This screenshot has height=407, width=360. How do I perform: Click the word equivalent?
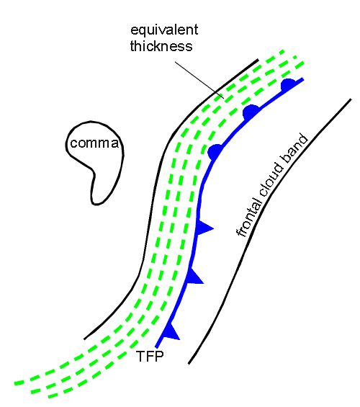click(164, 30)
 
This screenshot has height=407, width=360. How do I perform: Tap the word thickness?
click(161, 46)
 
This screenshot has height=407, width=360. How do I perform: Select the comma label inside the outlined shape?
click(94, 143)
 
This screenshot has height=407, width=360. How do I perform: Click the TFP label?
click(150, 356)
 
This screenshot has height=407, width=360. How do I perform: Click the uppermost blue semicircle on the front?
click(288, 84)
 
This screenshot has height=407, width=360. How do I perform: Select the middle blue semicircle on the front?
click(250, 112)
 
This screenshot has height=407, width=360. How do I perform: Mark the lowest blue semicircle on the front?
click(215, 152)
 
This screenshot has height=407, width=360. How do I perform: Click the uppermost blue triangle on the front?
click(204, 228)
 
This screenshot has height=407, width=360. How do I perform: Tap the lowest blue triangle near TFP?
click(171, 332)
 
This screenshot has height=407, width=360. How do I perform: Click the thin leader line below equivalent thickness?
click(199, 80)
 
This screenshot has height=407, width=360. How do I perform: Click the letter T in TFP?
click(140, 357)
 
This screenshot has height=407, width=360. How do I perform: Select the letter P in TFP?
click(159, 357)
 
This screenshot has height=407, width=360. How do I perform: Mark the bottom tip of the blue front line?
click(156, 347)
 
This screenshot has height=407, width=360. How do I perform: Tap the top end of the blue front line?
click(302, 79)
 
